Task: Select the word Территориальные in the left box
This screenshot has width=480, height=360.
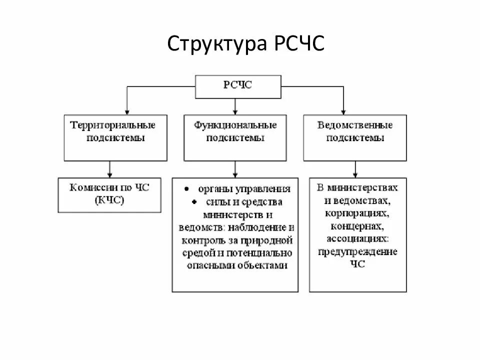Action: [113, 124]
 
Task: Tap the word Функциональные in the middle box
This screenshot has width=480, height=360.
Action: [235, 124]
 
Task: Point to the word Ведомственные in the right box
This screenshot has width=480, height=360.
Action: [355, 124]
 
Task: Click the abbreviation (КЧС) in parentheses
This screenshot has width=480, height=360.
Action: [109, 200]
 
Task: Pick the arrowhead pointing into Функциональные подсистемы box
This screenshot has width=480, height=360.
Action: [235, 111]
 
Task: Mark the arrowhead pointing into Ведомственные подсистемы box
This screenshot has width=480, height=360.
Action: [343, 111]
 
